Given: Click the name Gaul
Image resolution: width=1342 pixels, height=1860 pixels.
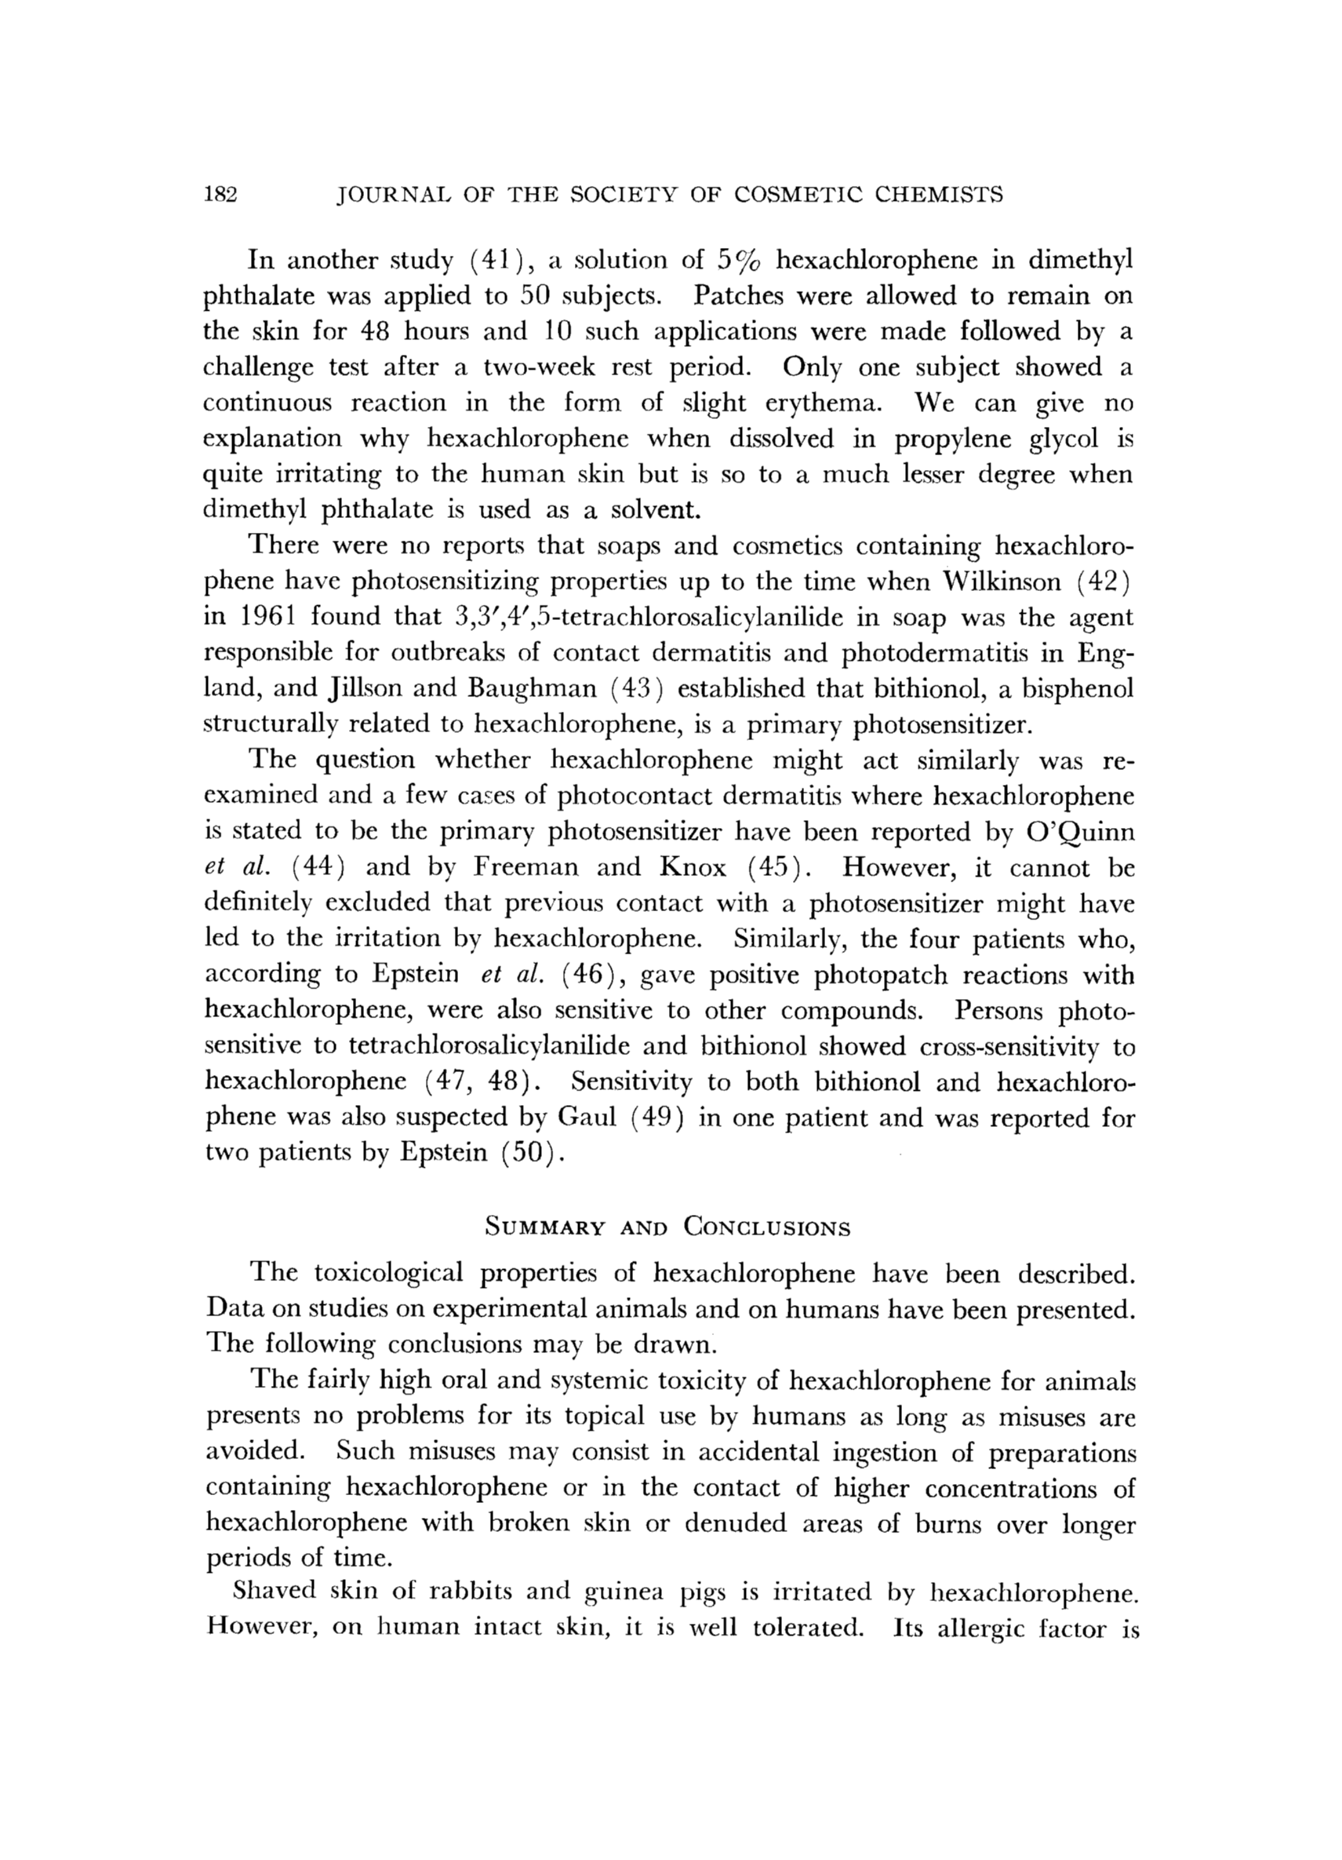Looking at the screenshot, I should (x=586, y=1118).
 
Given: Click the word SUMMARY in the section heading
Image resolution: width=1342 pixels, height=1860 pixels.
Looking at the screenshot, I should (x=545, y=1228).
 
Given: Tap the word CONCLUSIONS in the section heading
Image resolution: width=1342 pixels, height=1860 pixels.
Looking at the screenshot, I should (x=767, y=1228).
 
